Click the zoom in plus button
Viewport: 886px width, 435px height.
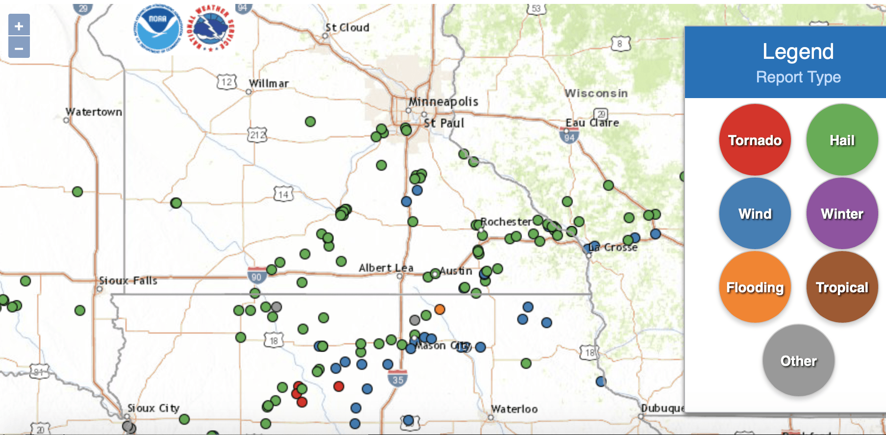pyautogui.click(x=19, y=26)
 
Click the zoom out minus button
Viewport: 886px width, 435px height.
pyautogui.click(x=19, y=48)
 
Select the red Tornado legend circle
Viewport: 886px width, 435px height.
pyautogui.click(x=755, y=140)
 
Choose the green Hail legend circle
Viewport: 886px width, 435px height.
pyautogui.click(x=842, y=140)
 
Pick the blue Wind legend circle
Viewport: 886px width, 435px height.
pyautogui.click(x=755, y=213)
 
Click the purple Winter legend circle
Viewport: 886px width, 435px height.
pyautogui.click(x=842, y=213)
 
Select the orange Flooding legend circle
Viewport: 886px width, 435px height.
pyautogui.click(x=755, y=287)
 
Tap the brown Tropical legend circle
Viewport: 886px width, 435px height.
pyautogui.click(x=842, y=287)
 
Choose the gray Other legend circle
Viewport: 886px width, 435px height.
pyautogui.click(x=798, y=360)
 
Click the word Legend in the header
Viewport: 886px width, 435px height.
pyautogui.click(x=798, y=51)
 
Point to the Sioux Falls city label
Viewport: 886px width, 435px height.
pyautogui.click(x=128, y=281)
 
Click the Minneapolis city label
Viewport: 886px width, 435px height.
pyautogui.click(x=443, y=102)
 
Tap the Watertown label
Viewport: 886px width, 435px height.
pyautogui.click(x=94, y=112)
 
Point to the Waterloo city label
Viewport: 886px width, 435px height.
pyautogui.click(x=514, y=409)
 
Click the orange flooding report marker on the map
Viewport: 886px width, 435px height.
pyautogui.click(x=440, y=309)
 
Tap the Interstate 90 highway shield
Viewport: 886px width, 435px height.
pyautogui.click(x=256, y=276)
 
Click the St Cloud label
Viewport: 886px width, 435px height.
pyautogui.click(x=347, y=27)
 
